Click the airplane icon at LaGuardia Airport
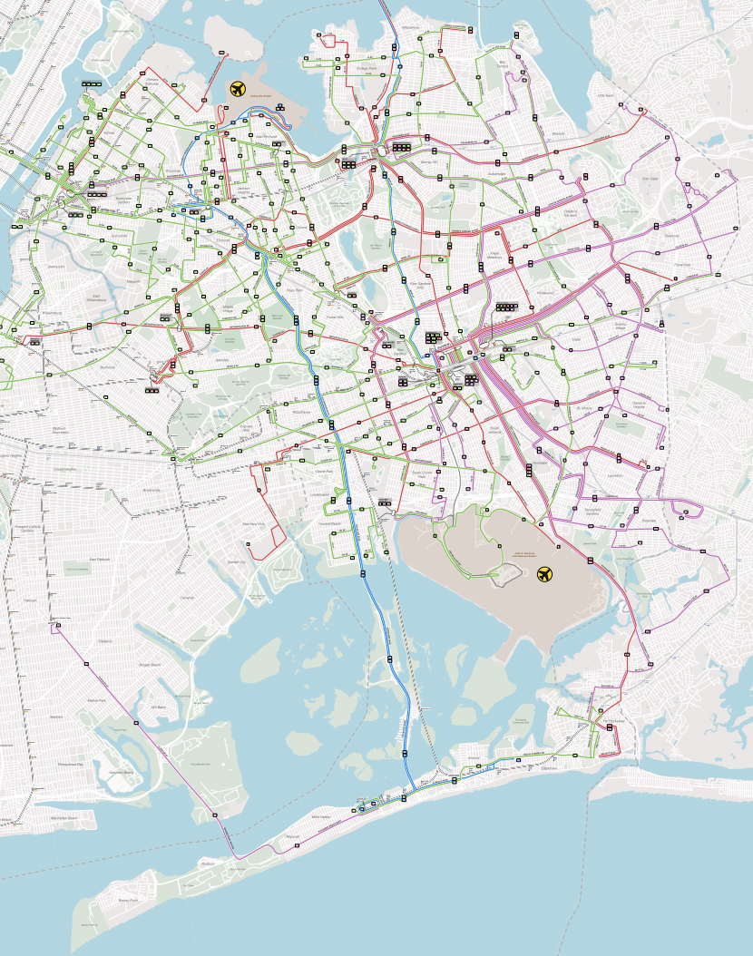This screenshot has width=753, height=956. coord(238,89)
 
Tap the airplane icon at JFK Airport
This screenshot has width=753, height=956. coord(544,573)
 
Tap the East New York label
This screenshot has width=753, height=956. coord(253,524)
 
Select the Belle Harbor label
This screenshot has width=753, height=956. coord(323,816)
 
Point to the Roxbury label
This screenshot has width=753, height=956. coord(208,864)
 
